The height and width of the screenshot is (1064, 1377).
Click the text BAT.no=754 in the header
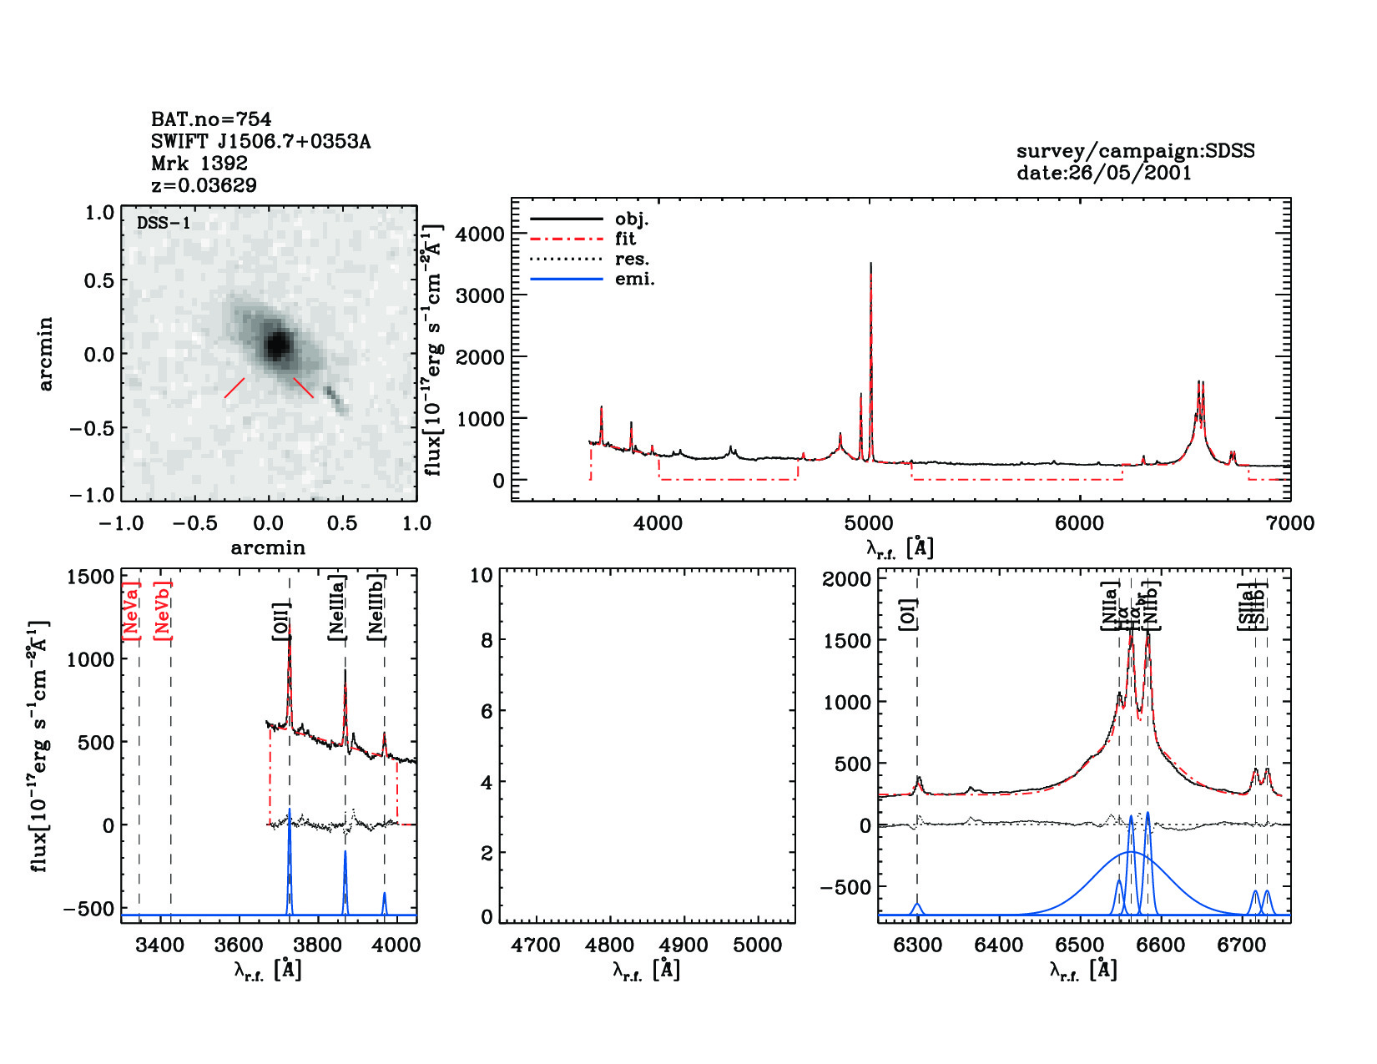pos(211,119)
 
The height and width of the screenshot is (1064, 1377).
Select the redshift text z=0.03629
pos(204,185)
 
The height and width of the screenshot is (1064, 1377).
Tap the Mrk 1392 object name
pos(199,164)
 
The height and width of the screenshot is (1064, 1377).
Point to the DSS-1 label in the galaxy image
pos(164,223)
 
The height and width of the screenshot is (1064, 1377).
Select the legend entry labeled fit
pos(625,239)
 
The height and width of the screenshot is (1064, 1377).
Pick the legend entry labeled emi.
pos(634,279)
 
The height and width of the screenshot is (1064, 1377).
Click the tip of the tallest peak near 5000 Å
pos(870,264)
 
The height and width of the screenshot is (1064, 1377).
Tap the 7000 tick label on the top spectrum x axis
pos(1290,523)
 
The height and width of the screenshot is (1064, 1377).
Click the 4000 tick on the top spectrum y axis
pos(481,234)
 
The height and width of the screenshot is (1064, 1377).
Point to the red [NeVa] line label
pos(131,611)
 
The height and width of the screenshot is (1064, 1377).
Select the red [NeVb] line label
pos(163,611)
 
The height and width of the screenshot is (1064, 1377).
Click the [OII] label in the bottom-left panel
pos(281,621)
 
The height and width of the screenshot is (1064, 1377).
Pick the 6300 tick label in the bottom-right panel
pos(918,945)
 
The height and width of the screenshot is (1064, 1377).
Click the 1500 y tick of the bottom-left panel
pos(90,577)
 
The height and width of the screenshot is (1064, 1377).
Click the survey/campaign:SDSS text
pos(1135,151)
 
